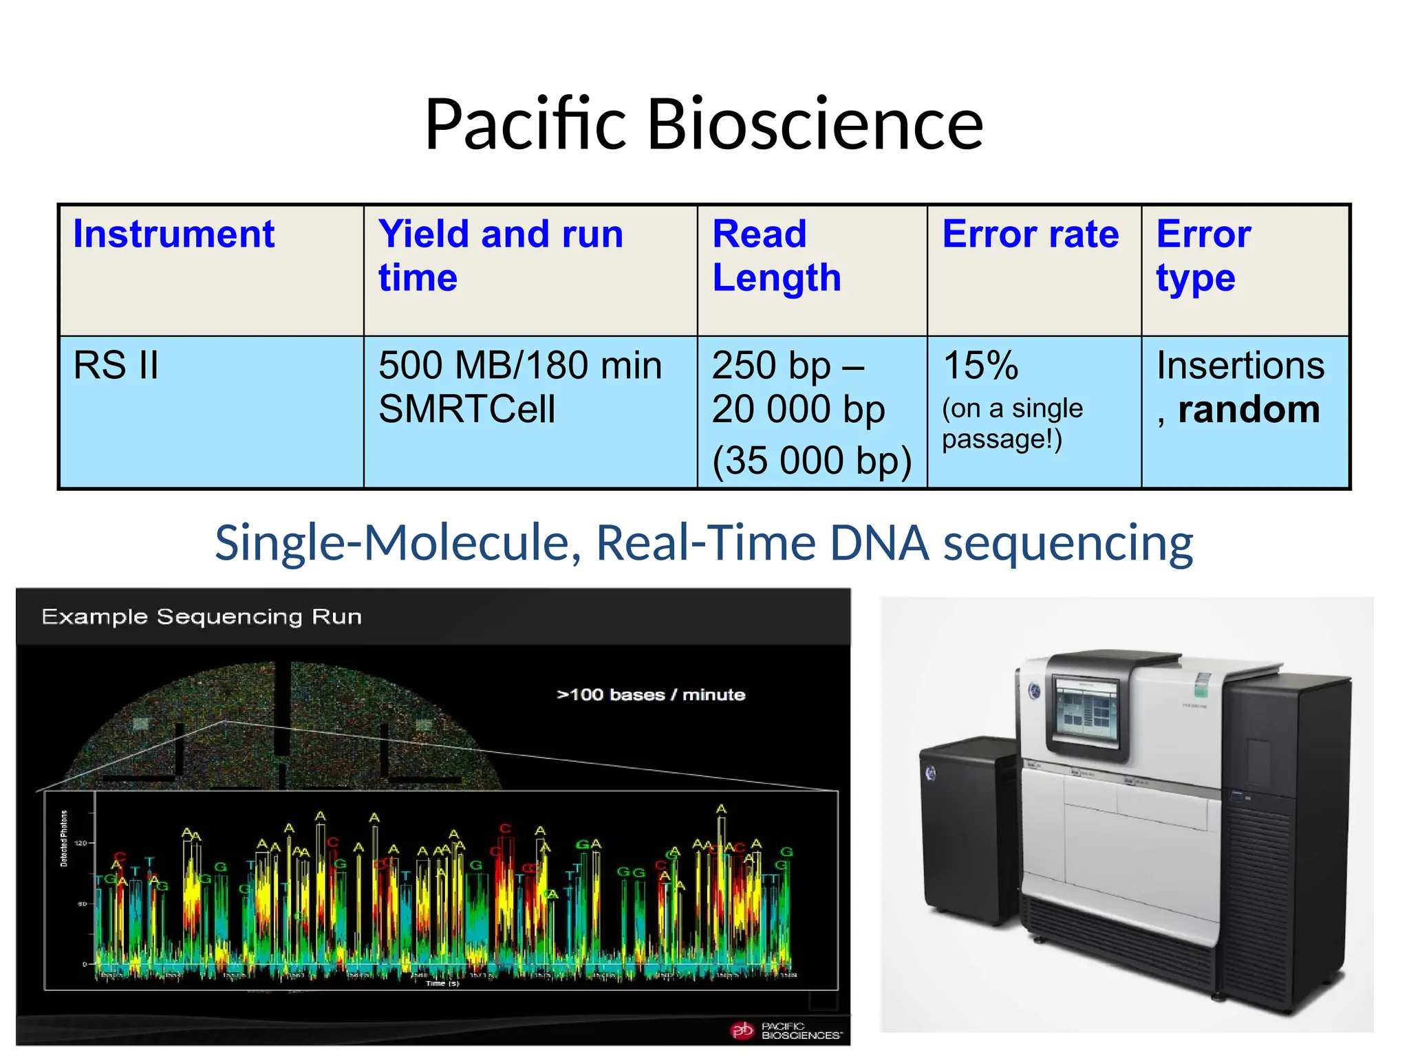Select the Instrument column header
[173, 234]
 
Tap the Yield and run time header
[500, 255]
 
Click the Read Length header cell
[776, 255]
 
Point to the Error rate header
[1030, 234]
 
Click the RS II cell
[116, 365]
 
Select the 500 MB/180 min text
[519, 365]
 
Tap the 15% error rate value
[980, 365]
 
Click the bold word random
[1249, 410]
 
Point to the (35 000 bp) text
[811, 460]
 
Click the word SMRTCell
[466, 410]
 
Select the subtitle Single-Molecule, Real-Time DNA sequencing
[704, 543]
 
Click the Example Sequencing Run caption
[202, 617]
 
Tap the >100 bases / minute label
[650, 695]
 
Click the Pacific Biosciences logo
[784, 1030]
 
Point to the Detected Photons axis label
[64, 838]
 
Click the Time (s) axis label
[442, 984]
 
